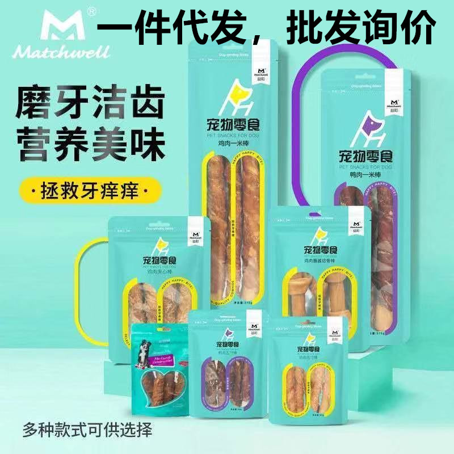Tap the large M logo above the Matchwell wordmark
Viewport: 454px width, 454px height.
click(x=47, y=26)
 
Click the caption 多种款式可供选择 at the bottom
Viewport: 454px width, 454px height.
click(x=88, y=430)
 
